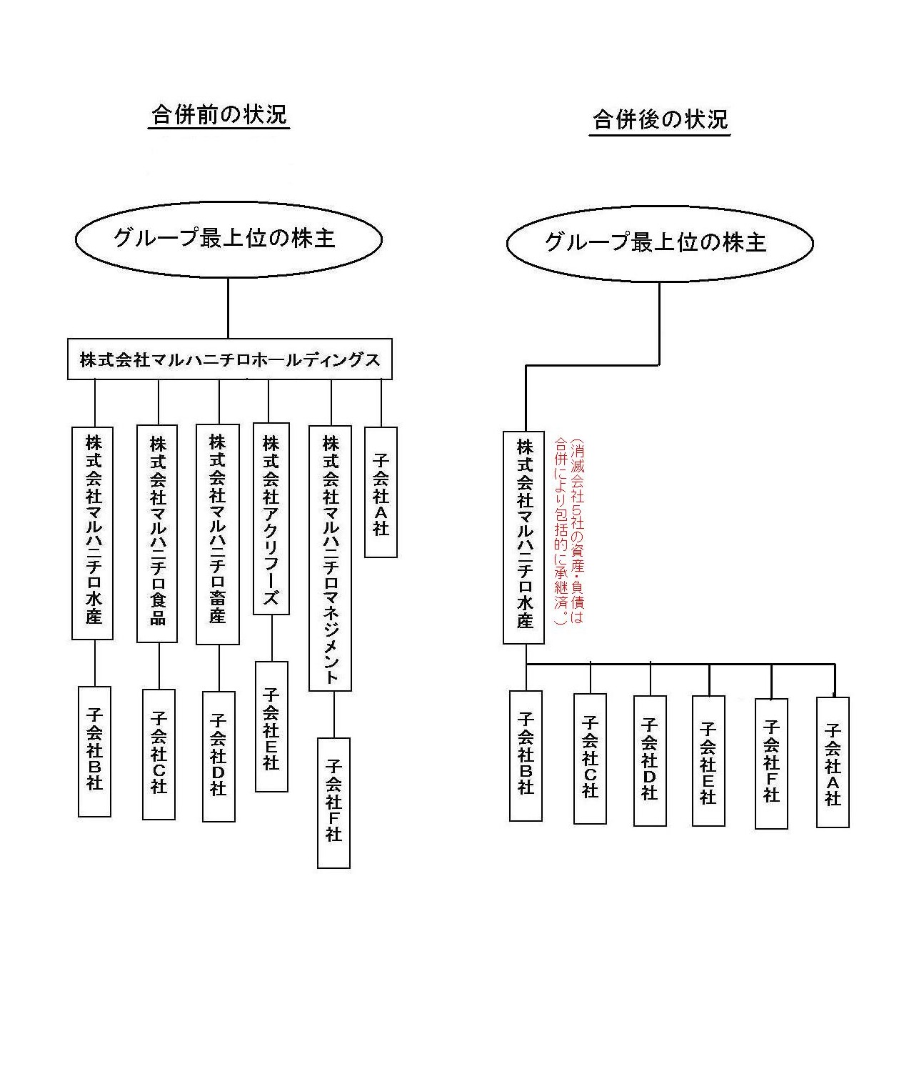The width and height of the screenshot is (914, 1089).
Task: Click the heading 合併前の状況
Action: click(x=219, y=115)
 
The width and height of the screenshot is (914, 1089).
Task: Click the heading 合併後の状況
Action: click(x=660, y=120)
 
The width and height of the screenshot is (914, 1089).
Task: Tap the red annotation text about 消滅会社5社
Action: click(x=569, y=532)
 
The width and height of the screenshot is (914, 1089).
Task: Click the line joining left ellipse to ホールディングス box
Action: click(x=228, y=308)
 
